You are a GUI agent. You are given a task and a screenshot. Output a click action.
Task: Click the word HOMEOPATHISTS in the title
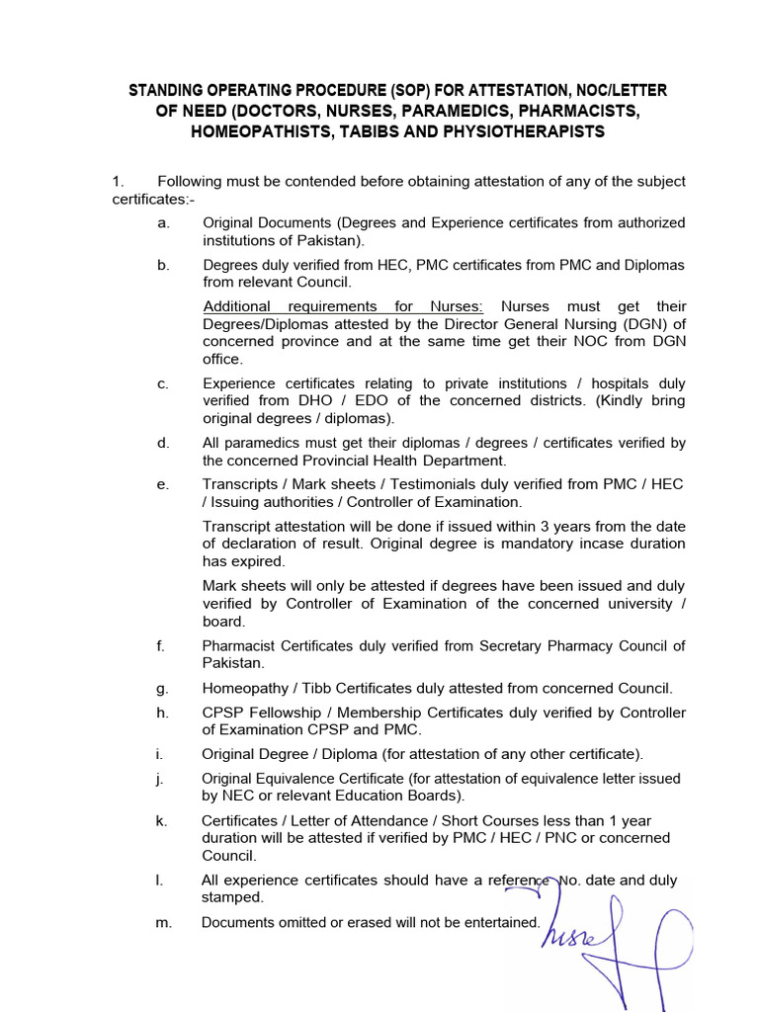point(250,131)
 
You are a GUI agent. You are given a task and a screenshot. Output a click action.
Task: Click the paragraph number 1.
point(118,182)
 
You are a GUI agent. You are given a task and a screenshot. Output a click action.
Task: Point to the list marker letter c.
point(162,383)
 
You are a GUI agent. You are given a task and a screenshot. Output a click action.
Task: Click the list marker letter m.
point(164,922)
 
